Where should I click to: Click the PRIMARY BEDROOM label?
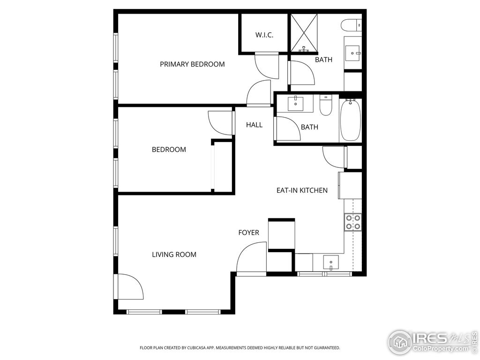[192, 64]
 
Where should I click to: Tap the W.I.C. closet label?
[264, 35]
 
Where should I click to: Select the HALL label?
[254, 125]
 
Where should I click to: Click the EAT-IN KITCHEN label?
[302, 190]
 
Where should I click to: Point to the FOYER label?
[248, 232]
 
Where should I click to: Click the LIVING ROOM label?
[174, 255]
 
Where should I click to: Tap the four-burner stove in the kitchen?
[352, 222]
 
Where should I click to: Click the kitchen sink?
[331, 262]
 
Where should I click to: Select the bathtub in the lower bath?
[350, 120]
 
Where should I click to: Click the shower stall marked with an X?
[304, 33]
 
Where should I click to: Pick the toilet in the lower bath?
[326, 105]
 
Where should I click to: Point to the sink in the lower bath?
[296, 103]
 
